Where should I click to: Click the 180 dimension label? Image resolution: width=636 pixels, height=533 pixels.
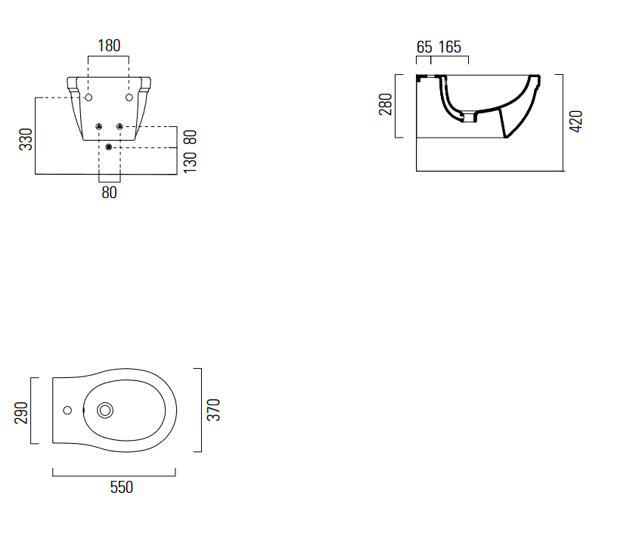(x=109, y=46)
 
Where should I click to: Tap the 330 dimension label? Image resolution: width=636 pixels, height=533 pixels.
(x=26, y=139)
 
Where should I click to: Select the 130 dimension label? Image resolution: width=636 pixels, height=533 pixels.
(x=190, y=163)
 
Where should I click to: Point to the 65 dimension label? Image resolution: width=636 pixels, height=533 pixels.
(x=424, y=47)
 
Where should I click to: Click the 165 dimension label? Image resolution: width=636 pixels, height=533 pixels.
(x=450, y=47)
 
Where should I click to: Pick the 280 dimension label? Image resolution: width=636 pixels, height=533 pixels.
(x=386, y=104)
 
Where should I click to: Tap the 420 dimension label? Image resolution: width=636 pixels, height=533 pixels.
(x=576, y=121)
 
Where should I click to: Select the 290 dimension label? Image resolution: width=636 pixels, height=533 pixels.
(x=21, y=413)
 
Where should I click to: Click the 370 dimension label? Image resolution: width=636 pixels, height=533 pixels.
(x=213, y=410)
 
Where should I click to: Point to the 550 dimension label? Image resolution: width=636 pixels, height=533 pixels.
(x=122, y=487)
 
